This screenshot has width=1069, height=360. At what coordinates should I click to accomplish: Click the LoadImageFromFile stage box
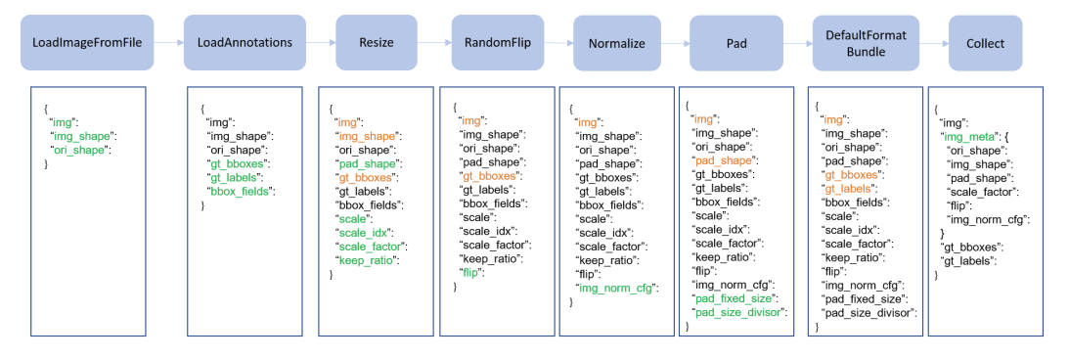(x=87, y=43)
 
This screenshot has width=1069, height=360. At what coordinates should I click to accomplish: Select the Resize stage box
(x=377, y=43)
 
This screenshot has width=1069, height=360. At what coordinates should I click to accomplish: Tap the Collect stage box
(x=985, y=43)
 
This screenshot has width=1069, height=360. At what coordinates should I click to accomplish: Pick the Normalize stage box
(x=616, y=44)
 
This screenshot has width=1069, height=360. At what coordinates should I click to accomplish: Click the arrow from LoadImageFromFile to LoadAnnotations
(x=168, y=42)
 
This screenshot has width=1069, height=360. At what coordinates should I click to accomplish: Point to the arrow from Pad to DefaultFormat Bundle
(x=798, y=43)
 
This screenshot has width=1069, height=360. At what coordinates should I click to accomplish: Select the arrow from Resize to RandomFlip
(x=434, y=42)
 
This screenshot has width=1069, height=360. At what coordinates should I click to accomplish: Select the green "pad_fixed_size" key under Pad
(x=735, y=298)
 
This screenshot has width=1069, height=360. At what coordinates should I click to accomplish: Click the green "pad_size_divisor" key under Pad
(x=739, y=312)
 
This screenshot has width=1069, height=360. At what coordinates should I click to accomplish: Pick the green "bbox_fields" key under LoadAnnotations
(x=240, y=191)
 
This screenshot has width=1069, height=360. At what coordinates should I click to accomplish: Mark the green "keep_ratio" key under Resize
(x=364, y=260)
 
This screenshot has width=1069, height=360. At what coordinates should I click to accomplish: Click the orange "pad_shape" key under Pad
(x=723, y=160)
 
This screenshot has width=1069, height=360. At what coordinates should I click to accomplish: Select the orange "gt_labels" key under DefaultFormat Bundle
(x=845, y=188)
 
